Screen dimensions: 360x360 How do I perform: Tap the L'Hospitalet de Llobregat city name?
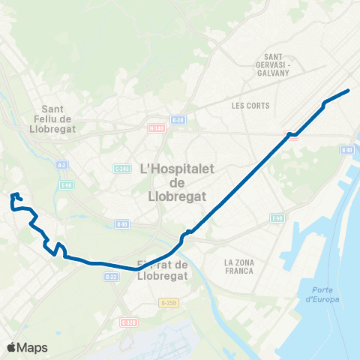pos(177,177)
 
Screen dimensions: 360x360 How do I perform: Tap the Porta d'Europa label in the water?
pos(322,295)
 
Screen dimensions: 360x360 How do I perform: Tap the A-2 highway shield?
pos(62,165)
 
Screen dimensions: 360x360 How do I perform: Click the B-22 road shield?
pos(112,276)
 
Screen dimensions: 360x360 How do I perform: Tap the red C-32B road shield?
pos(129,322)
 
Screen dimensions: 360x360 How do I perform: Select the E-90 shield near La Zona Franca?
pos(277,218)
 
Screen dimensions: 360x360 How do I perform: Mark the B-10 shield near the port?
pos(346,150)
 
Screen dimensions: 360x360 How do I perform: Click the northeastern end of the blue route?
pos(349,91)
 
